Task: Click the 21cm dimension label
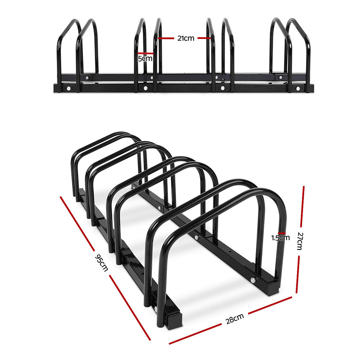tap(185, 38)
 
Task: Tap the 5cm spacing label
tap(145, 58)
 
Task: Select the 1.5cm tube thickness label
tap(280, 237)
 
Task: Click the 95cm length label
tap(101, 263)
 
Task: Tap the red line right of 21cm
tap(203, 38)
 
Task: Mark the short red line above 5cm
tap(145, 54)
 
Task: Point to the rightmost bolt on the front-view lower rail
tap(297, 88)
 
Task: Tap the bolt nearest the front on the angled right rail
tap(253, 280)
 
